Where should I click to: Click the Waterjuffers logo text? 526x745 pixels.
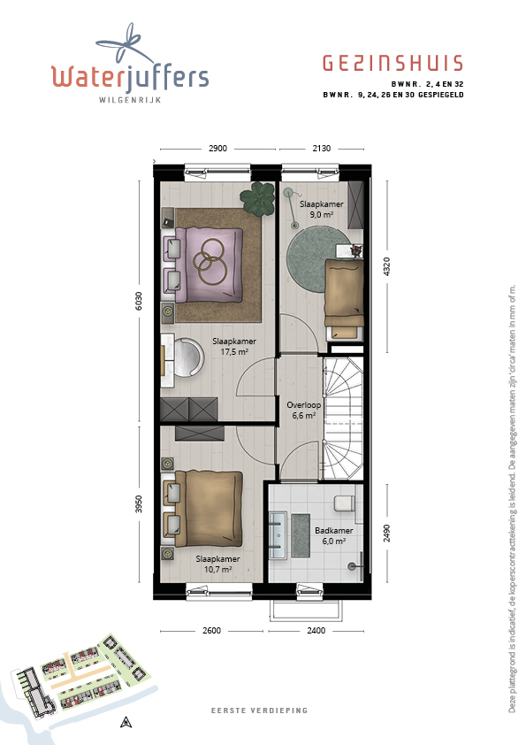(130, 77)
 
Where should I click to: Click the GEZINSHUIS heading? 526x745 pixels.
(393, 63)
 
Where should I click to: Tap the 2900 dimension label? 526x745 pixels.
(217, 149)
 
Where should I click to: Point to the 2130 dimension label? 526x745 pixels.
(322, 149)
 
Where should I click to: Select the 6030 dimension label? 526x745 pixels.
(139, 301)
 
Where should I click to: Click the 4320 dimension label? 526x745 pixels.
(387, 266)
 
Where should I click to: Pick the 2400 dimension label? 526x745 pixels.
(316, 631)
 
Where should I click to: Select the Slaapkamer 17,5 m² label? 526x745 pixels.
(234, 346)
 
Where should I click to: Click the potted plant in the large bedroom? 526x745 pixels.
(257, 198)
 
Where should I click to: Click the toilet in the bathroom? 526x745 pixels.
(345, 503)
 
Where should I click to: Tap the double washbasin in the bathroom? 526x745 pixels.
(278, 534)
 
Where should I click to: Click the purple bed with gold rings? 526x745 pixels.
(209, 265)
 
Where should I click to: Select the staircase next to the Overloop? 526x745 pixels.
(343, 419)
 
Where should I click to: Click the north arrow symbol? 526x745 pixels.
(126, 722)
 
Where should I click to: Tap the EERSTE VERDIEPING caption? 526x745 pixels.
(260, 710)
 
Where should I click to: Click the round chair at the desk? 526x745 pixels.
(187, 357)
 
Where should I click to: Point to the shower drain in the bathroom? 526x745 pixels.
(352, 566)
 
